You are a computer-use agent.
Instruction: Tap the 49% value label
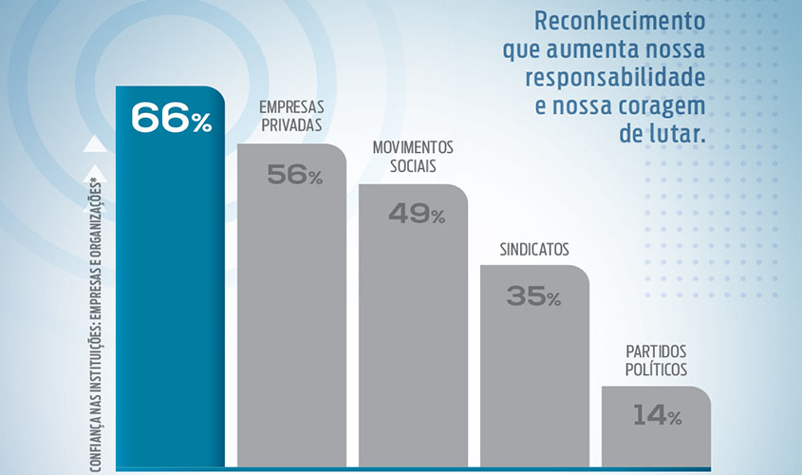(x=416, y=214)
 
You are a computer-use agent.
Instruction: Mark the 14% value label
(x=656, y=415)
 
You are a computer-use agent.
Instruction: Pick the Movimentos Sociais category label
(x=413, y=158)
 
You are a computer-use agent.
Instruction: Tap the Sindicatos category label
(x=534, y=250)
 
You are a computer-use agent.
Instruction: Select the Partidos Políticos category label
(x=656, y=360)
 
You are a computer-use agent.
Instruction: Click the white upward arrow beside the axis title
(x=93, y=144)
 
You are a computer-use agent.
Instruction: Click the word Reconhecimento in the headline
(x=621, y=21)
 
